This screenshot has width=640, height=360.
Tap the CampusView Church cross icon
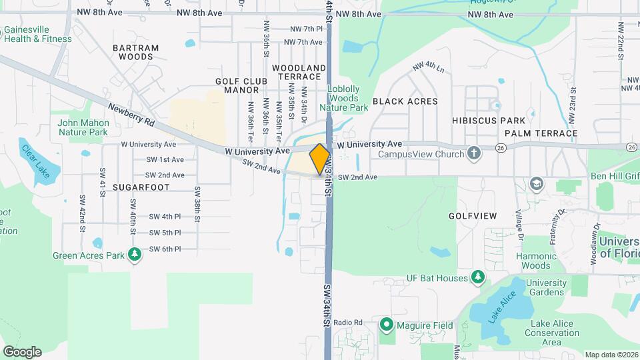[x=474, y=154]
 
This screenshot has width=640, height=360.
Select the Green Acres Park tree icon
[x=135, y=255]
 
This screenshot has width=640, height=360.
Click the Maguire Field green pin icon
[x=386, y=325]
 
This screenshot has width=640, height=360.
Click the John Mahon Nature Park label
[x=83, y=127]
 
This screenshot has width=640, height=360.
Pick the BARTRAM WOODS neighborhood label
[x=135, y=52]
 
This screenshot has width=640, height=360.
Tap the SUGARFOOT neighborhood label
[x=141, y=187]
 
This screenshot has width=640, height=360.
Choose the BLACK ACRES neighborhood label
[x=405, y=101]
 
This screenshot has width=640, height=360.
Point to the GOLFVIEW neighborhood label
[x=473, y=216]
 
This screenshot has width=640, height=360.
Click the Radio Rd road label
[x=347, y=323]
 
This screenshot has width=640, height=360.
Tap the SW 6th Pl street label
[x=165, y=249]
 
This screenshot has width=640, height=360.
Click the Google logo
[x=22, y=351]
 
